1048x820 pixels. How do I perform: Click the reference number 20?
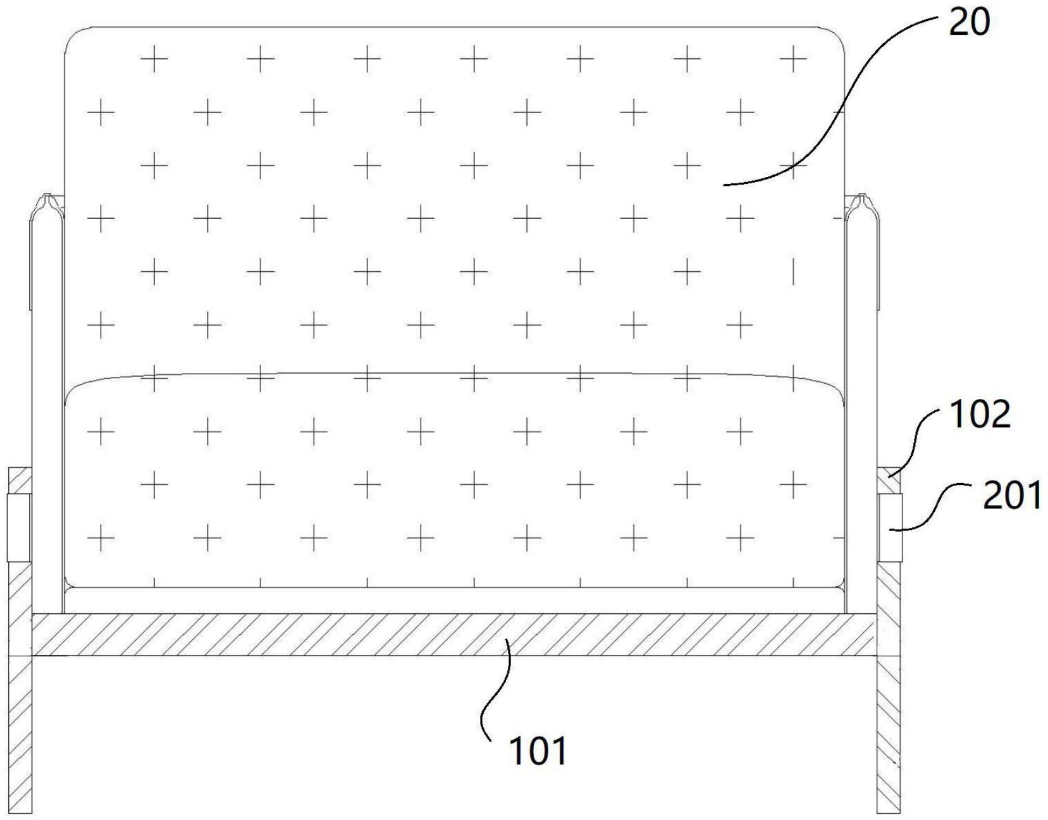[x=968, y=25]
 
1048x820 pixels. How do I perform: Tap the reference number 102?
[x=979, y=415]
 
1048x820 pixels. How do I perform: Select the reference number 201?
[x=1011, y=496]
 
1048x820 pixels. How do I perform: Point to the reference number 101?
[x=538, y=751]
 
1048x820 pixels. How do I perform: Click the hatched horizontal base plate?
[x=443, y=634]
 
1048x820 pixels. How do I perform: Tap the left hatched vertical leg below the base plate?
[x=20, y=733]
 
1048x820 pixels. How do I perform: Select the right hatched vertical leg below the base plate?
[x=888, y=733]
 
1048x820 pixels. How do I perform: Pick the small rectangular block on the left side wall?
[x=19, y=528]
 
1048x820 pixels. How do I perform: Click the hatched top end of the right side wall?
[x=888, y=480]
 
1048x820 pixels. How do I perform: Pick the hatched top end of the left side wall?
[x=19, y=480]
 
